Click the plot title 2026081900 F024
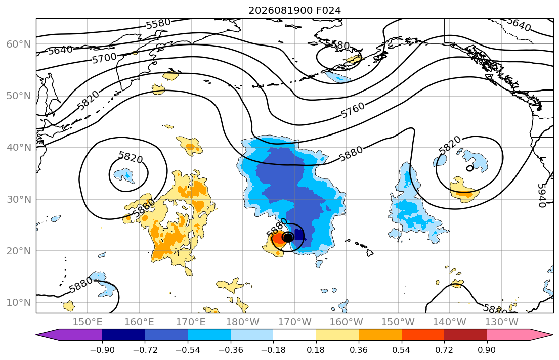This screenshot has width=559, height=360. pos(294,10)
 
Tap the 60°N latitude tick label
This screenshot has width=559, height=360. pos(19,44)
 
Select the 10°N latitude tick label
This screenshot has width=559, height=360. pos(19,303)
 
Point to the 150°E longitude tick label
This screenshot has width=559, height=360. pos(88,322)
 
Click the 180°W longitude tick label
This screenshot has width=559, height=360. pos(243,322)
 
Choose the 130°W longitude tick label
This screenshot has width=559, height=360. pos(502,322)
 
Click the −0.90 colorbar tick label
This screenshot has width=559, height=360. pos(102,350)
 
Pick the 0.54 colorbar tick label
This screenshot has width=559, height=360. pos(402,350)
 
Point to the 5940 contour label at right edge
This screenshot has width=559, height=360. pos(541,195)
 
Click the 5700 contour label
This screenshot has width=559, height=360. pos(104,58)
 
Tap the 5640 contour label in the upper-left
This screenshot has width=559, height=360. pos(60,50)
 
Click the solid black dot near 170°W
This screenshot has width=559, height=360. pos(288,237)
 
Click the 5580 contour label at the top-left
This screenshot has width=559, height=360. pos(158,24)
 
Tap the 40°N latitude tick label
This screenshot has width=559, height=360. pos(19,148)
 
